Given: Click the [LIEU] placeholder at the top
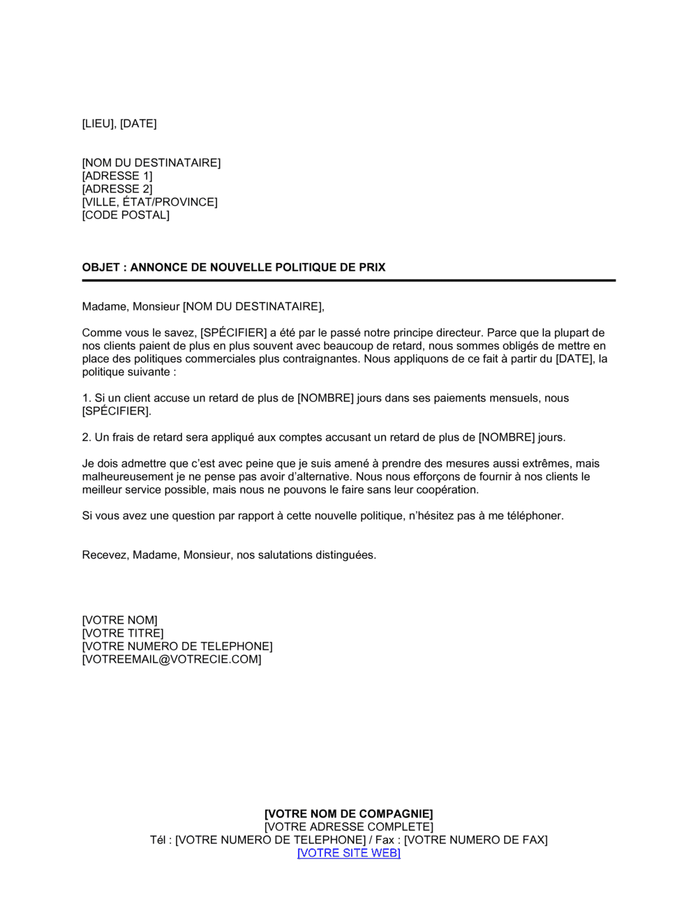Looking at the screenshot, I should point(98,123).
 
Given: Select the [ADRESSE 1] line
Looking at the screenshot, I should point(117,176).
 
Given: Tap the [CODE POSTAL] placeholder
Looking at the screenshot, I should point(126,215).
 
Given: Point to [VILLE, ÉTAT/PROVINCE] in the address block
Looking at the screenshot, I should point(149,202).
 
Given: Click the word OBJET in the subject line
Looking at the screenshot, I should point(101,267).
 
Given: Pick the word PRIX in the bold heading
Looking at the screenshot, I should point(372,267).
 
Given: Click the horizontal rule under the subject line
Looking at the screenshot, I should point(349,280).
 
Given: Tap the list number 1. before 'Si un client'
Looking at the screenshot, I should point(87,398).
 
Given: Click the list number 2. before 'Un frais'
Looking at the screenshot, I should point(87,437).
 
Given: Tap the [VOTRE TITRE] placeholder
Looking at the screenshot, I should point(123,633).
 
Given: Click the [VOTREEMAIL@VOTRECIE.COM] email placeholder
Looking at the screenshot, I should point(172,659).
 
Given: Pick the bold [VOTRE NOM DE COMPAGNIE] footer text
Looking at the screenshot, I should point(349,814).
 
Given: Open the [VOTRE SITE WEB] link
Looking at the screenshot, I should point(349,853).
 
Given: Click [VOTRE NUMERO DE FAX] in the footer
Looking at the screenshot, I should point(475,840).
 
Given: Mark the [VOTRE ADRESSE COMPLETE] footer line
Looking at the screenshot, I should point(349,827).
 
